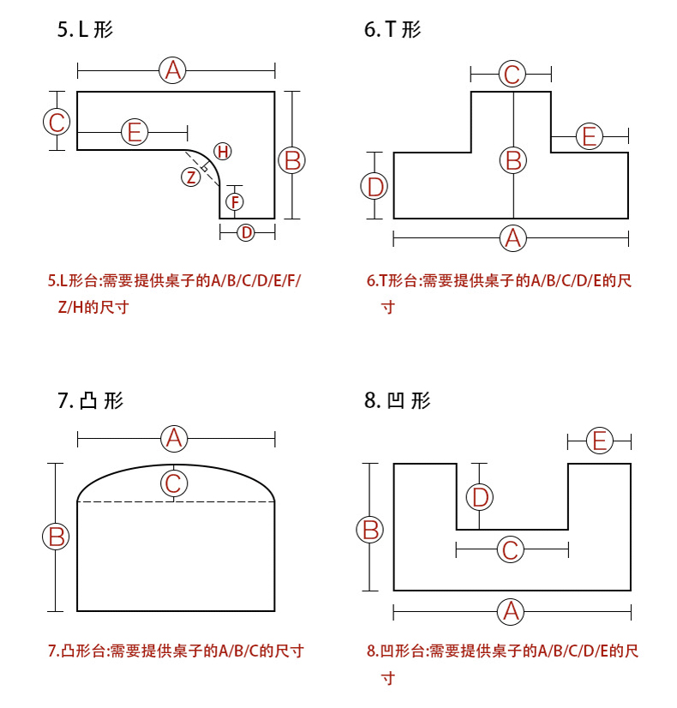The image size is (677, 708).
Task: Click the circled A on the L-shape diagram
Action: coord(173,70)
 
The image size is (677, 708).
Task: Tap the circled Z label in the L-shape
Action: coord(191,177)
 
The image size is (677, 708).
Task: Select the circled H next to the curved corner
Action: coord(223,152)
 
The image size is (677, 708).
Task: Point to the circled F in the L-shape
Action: coord(234,202)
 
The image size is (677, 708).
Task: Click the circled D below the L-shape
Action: coord(246,232)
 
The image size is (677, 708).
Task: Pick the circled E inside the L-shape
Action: coord(135,132)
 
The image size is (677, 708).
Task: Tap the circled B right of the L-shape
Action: coord(292,160)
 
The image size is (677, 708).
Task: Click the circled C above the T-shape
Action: coord(512,75)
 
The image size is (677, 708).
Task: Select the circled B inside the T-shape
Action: coord(513,160)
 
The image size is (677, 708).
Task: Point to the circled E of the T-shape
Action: coord(589,136)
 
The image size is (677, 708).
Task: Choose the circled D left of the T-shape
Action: coord(375,186)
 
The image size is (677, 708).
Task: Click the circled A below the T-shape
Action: coord(512,237)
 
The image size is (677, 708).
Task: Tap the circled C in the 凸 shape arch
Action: coord(174,483)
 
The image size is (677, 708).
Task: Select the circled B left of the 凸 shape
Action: coord(56,537)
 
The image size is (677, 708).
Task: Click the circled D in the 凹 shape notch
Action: coord(480,496)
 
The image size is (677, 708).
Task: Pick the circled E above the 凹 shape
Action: coord(600,441)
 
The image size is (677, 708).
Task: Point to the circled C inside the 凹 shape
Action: coord(510,549)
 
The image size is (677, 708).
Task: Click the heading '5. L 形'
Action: coord(86,31)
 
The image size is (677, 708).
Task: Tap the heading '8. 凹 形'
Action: coord(397,400)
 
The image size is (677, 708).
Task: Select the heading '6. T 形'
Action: coord(392,31)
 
